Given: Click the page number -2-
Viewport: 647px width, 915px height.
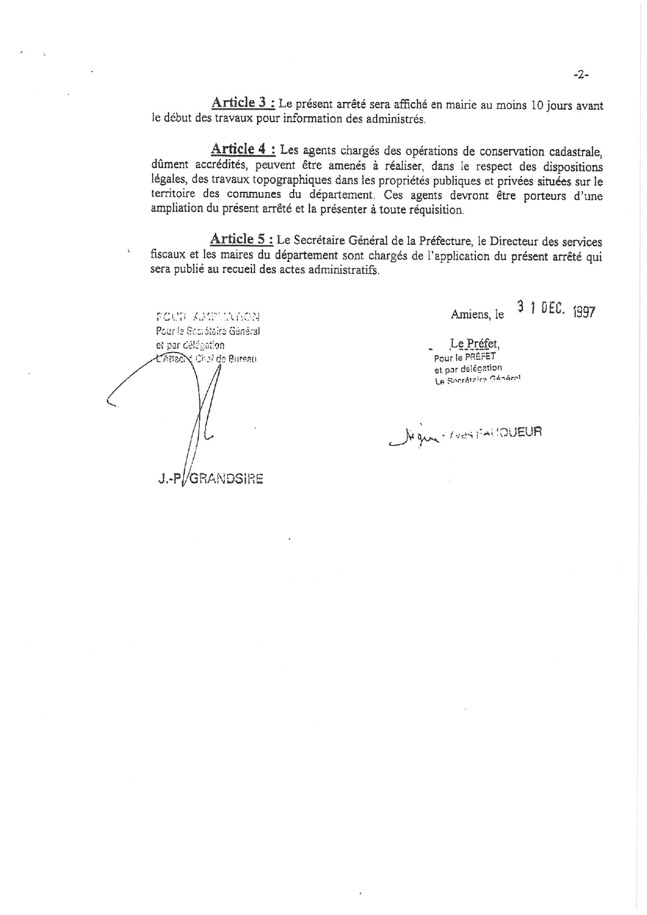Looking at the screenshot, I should (581, 75).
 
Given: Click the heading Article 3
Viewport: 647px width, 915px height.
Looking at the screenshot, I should (242, 102).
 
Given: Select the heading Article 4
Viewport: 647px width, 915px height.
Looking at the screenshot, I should (243, 149).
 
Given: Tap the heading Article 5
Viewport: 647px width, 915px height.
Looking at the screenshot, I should (241, 239).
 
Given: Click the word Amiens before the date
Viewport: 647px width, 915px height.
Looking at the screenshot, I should (470, 315).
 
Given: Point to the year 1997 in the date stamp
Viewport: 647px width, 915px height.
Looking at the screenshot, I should (583, 312).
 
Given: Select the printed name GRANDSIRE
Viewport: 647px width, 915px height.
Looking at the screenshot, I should (225, 479).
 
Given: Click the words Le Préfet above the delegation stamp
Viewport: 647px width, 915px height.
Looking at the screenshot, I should (474, 344).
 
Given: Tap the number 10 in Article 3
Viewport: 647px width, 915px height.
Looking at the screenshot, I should (537, 105).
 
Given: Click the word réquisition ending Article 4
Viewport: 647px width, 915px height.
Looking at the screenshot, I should (434, 210).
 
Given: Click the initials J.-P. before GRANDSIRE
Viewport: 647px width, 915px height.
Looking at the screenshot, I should (167, 479).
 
